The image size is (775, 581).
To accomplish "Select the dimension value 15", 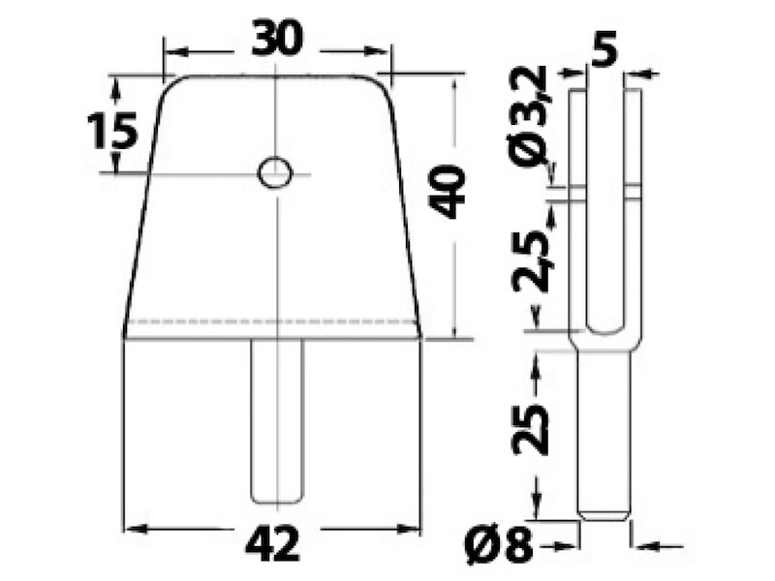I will pos(110,130).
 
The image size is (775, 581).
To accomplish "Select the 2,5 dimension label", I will pos(532,260).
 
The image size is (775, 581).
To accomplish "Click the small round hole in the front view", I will pos(274,173).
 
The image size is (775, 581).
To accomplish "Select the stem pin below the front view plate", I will pos(277,421).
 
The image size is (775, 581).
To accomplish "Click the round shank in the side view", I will pos(604,426).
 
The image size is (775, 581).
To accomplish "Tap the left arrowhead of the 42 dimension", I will pos(136,529).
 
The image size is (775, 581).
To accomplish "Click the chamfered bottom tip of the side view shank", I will pos(604,514).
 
